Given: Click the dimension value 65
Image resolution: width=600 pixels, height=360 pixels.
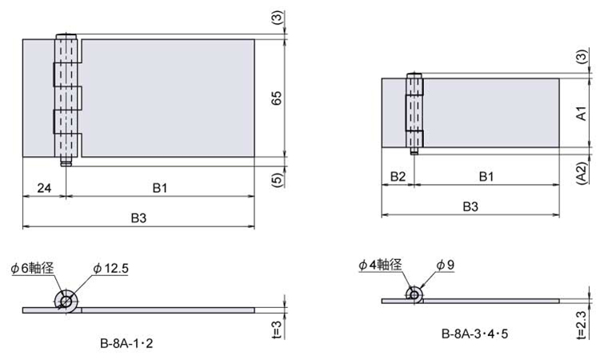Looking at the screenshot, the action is (276, 98).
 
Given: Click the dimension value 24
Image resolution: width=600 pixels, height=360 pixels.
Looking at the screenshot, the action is (44, 188).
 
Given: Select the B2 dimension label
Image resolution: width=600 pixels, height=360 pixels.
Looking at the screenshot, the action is (398, 177).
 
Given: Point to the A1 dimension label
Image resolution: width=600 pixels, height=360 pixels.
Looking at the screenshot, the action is (581, 114).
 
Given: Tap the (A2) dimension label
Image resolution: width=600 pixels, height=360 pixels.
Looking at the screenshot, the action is (582, 174).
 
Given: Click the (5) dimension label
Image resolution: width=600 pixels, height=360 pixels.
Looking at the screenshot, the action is (278, 180).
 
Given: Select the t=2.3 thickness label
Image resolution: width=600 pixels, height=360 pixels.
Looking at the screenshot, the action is (581, 325).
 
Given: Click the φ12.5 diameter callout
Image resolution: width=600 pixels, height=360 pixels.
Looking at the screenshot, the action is (111, 269).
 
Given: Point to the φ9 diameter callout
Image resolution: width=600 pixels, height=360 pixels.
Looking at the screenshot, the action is (446, 265).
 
